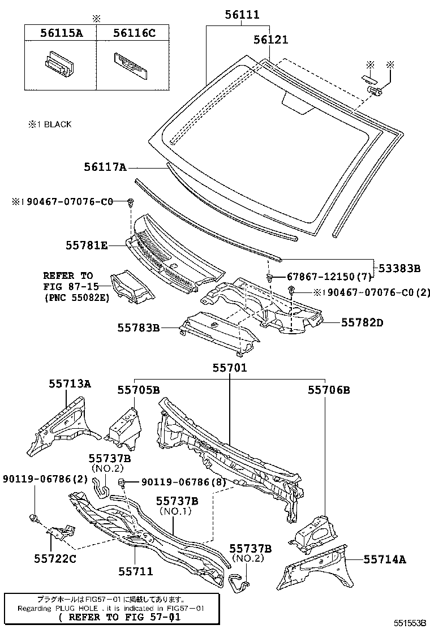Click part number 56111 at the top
(242, 15)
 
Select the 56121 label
(271, 40)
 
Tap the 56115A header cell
(61, 33)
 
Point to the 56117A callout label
(105, 166)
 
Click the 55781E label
(87, 245)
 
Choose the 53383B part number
(399, 268)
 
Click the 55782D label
(362, 322)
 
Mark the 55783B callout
(139, 328)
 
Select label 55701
(230, 368)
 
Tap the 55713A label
(70, 384)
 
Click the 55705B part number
(139, 390)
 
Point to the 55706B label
(329, 390)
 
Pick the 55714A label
(385, 559)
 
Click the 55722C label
(55, 558)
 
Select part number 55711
(136, 571)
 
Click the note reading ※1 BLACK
(50, 124)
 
